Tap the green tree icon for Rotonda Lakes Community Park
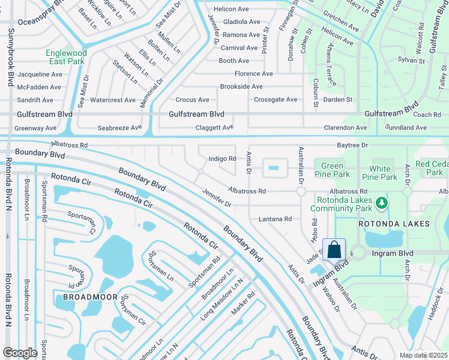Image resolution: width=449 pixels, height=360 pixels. (x=381, y=205)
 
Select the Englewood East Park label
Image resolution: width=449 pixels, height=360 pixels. (x=66, y=58)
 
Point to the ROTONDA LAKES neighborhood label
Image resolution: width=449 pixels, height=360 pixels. (x=394, y=224)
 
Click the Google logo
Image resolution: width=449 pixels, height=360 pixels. (x=20, y=353)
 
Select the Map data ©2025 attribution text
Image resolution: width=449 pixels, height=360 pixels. (x=423, y=355)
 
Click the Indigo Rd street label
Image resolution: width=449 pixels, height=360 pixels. (x=222, y=159)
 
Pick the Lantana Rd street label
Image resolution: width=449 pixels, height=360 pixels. (x=275, y=220)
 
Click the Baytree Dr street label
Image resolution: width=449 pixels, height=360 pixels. (x=352, y=145)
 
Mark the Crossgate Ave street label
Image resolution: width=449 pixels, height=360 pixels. (x=276, y=100)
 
